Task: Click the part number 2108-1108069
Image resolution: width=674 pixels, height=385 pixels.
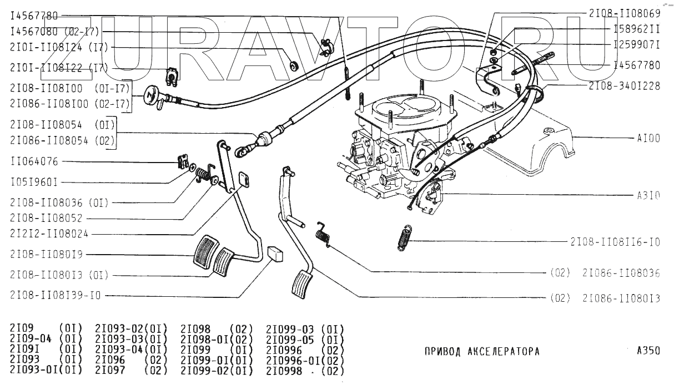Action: click(x=625, y=13)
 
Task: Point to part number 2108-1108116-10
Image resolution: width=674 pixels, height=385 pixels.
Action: click(x=615, y=242)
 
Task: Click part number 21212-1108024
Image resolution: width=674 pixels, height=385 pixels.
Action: click(x=49, y=234)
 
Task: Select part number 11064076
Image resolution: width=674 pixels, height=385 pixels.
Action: click(x=34, y=162)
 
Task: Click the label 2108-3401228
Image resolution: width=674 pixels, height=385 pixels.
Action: click(x=625, y=86)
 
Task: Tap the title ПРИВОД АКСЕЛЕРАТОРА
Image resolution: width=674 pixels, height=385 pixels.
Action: click(x=481, y=352)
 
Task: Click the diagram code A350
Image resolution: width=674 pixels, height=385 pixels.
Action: click(x=648, y=351)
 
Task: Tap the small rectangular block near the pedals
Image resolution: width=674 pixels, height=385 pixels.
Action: click(x=274, y=254)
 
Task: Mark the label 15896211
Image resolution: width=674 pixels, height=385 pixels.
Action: click(x=636, y=28)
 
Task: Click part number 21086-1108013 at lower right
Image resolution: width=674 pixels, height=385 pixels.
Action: click(x=621, y=298)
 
